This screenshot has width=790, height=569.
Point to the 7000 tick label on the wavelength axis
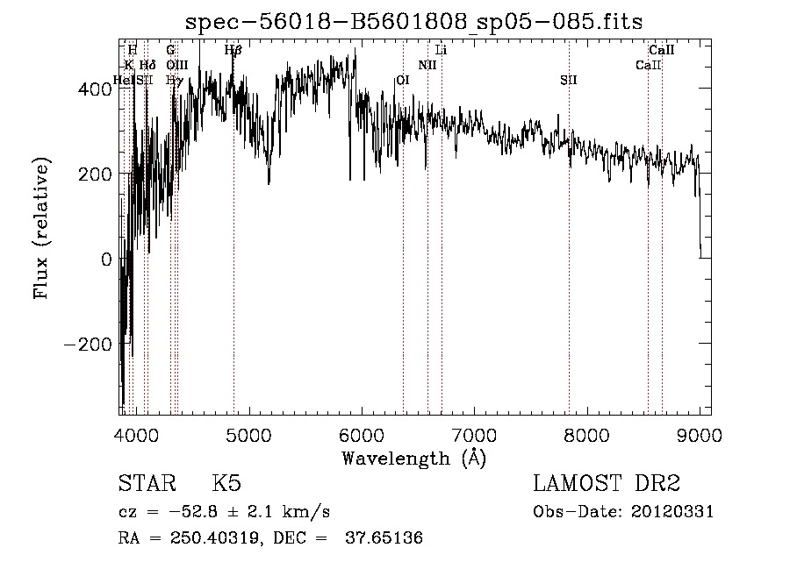(x=475, y=434)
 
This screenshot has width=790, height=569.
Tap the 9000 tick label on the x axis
(x=700, y=434)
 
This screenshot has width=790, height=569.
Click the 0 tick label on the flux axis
(x=106, y=259)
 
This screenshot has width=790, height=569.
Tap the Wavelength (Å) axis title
(x=413, y=458)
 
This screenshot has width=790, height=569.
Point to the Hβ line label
(x=233, y=51)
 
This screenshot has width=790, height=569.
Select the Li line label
(x=442, y=51)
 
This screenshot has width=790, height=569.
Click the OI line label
(x=403, y=80)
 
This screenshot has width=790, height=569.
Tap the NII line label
(x=427, y=65)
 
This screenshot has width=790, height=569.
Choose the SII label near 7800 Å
(x=569, y=80)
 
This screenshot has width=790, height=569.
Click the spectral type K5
(x=226, y=485)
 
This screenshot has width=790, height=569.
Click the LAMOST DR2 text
(x=607, y=484)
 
